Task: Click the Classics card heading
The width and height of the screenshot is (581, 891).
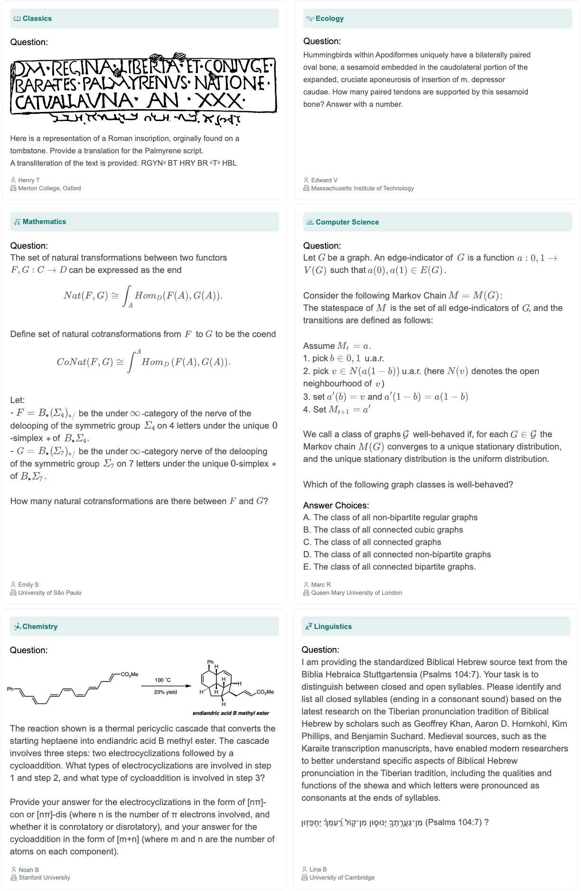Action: point(37,19)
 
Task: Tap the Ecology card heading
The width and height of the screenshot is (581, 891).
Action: point(329,19)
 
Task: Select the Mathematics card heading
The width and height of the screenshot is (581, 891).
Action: point(44,222)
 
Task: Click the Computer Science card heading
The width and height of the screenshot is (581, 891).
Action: point(347,222)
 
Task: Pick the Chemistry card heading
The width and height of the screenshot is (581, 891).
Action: point(40,627)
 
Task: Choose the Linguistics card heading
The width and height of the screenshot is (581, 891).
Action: point(333,627)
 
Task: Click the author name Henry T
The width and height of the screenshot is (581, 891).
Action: point(29,180)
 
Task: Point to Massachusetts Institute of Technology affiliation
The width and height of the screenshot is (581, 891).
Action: point(362,188)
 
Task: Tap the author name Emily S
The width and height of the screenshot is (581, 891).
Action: point(28,584)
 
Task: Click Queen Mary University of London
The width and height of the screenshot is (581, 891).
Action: point(356,592)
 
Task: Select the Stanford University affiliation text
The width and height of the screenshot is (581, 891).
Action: point(44,877)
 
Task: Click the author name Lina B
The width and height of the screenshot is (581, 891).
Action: point(318,869)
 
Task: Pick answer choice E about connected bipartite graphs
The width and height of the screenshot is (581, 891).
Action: point(394,567)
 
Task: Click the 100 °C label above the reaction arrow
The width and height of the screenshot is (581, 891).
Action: point(163,680)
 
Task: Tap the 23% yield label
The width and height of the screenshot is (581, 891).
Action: point(165,692)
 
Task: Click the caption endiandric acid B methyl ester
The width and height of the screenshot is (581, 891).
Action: point(231,713)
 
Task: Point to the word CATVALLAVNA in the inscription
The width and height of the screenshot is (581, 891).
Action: point(74,101)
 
